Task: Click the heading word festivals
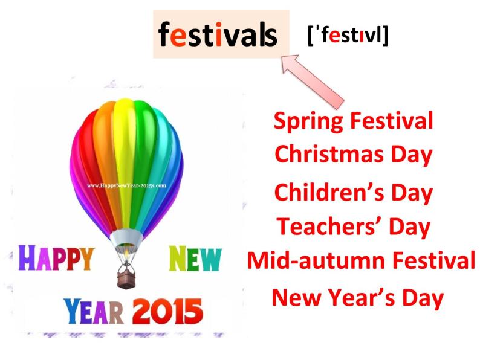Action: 218,35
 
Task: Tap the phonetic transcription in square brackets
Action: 348,35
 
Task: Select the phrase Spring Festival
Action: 354,121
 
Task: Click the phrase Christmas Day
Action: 354,154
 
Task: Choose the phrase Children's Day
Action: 354,193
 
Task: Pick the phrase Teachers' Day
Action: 354,227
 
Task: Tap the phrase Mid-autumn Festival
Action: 361,260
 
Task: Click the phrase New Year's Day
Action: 357,297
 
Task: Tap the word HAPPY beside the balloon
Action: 56,259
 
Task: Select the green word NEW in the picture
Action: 195,259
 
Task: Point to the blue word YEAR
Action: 93,312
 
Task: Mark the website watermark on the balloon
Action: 127,186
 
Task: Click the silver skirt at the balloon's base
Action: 126,239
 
